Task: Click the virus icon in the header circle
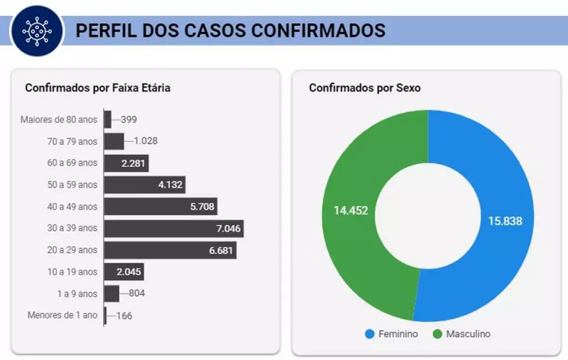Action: point(36,30)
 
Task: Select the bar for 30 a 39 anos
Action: point(174,228)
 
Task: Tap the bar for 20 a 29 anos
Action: point(170,250)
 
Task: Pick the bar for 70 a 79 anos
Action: point(114,141)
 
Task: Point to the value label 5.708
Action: point(201,206)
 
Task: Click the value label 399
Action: point(129,119)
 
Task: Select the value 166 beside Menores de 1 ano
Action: point(124,316)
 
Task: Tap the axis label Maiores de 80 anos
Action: point(59,119)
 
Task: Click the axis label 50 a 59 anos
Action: point(72,185)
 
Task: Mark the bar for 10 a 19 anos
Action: point(124,272)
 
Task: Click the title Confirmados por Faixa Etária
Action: point(98,88)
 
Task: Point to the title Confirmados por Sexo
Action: point(364,88)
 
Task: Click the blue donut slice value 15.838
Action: point(505,221)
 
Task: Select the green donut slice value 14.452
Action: point(351,210)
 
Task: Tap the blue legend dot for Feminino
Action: point(370,334)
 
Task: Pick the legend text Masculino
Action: point(468,334)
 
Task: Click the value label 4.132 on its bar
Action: point(170,185)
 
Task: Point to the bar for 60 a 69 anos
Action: point(126,163)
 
